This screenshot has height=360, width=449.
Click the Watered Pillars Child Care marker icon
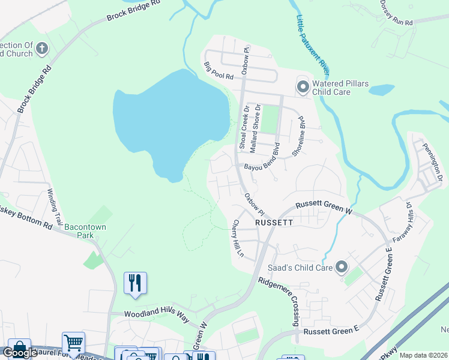tap(303, 88)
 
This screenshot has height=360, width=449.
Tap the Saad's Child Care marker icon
tap(342, 266)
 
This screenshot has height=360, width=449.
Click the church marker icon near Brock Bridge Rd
tap(41, 49)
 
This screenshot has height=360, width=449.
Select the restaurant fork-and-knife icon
tap(134, 282)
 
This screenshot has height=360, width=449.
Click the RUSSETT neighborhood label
tap(274, 221)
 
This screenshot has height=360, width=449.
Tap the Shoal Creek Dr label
tap(244, 127)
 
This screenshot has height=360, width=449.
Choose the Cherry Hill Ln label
tap(238, 238)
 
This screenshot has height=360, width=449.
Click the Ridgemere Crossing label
tap(278, 301)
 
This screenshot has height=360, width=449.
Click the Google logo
tap(20, 353)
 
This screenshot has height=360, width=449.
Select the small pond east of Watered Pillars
tap(382, 91)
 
